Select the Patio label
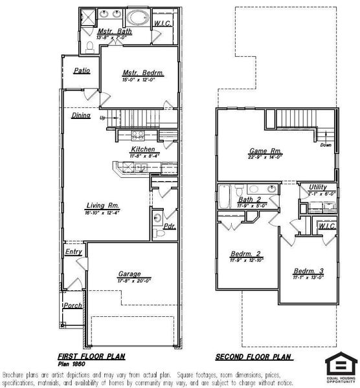tap(82, 71)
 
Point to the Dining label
tap(81, 116)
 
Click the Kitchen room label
tap(142, 149)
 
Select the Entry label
tap(73, 252)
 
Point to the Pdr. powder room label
tap(170, 226)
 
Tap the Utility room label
tap(317, 187)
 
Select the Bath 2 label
tap(249, 199)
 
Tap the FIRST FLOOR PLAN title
tap(91, 356)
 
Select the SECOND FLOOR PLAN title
tap(254, 356)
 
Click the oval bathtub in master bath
tap(136, 16)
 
